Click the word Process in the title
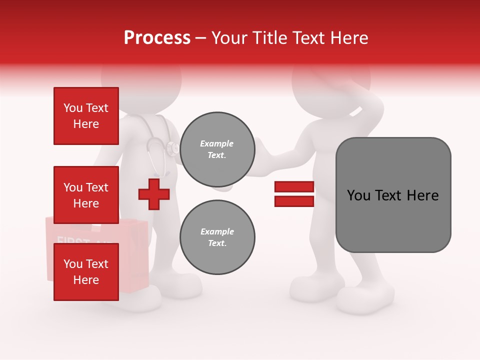coord(157,38)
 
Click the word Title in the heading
coord(267,38)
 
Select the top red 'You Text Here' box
coord(86,116)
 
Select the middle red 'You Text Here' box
coord(86,195)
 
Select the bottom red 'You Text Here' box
coord(86,271)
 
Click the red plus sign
coord(154,194)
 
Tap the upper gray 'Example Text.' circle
coord(217,149)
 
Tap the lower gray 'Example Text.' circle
coord(217,237)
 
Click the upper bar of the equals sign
coord(294,187)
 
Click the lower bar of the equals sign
coord(294,201)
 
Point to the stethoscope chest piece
coord(173,147)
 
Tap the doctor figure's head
coord(141,80)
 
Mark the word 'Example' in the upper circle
coord(217,143)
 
